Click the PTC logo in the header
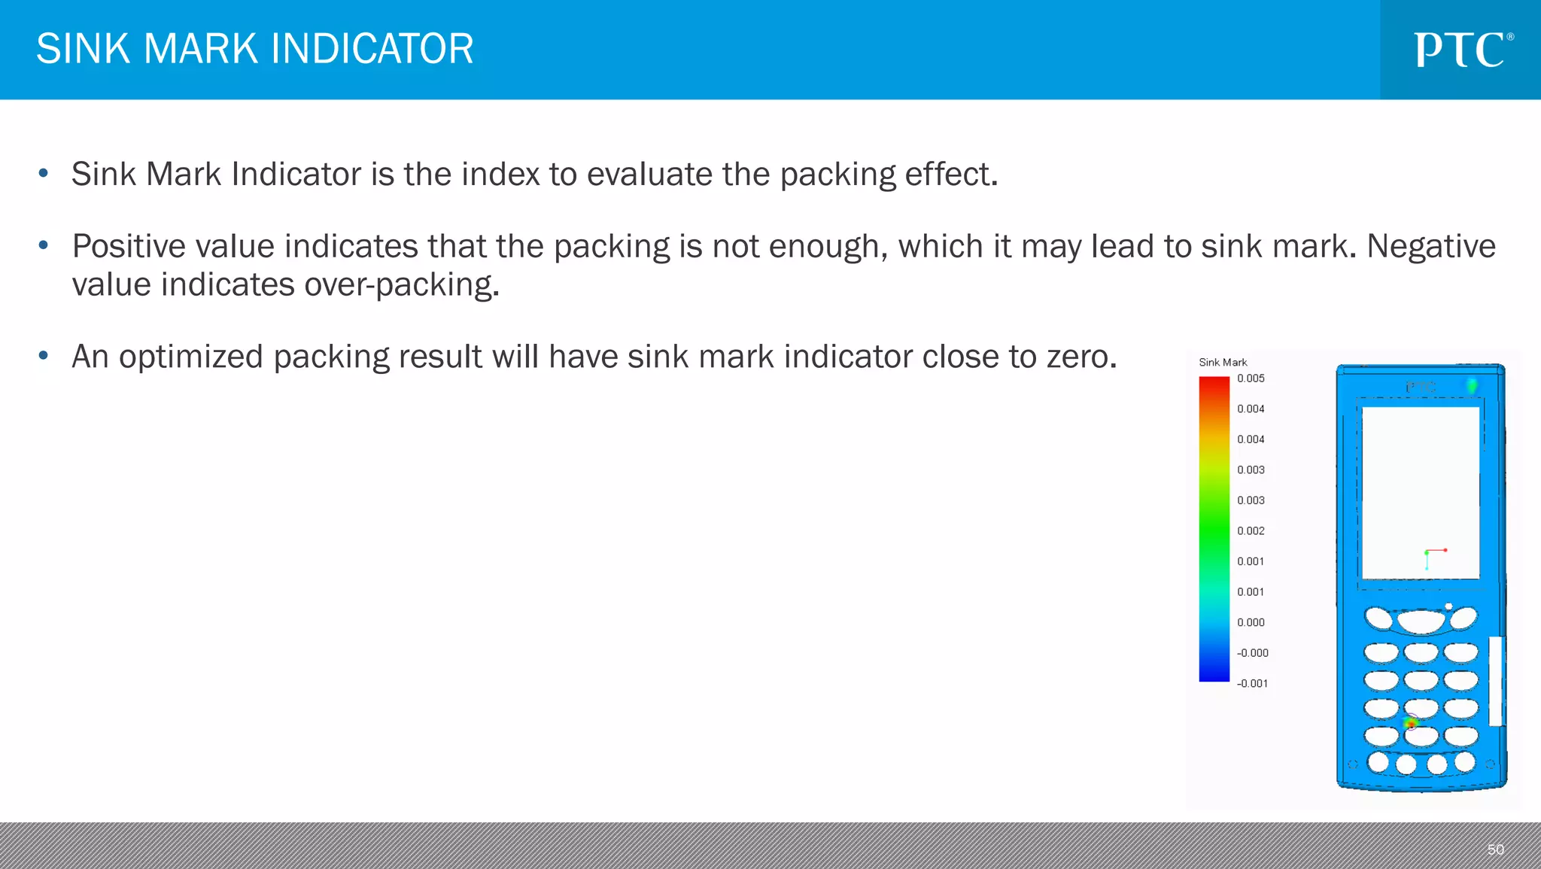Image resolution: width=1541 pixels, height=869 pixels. [x=1463, y=50]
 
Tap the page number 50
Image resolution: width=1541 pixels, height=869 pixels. [x=1495, y=849]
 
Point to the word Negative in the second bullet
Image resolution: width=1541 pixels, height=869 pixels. [x=1430, y=247]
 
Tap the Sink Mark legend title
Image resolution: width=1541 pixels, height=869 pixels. [x=1223, y=363]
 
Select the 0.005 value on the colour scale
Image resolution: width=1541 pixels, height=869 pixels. [x=1251, y=378]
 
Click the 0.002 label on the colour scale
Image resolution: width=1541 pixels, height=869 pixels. [x=1251, y=531]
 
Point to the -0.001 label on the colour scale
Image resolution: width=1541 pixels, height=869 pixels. [x=1252, y=684]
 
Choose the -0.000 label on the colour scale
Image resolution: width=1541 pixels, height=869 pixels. [x=1252, y=653]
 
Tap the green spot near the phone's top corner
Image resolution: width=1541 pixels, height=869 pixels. [x=1472, y=386]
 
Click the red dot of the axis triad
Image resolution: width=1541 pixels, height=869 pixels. [x=1445, y=550]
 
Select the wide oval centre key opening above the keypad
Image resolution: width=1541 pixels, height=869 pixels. [x=1421, y=621]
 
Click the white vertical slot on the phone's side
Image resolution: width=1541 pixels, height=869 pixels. [x=1496, y=681]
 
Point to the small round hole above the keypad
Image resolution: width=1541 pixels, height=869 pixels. [x=1448, y=606]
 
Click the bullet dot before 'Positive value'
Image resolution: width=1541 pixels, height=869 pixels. [x=44, y=245]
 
